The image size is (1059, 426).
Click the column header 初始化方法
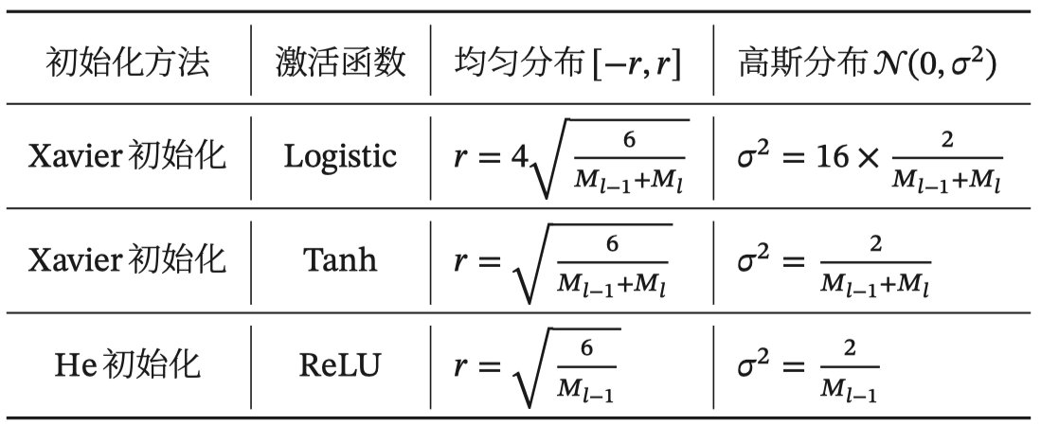coord(129,62)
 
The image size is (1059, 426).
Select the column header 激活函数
coord(341,62)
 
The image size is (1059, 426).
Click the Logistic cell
coord(341,156)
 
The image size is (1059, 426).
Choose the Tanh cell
coord(341,259)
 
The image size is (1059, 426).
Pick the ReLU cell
coord(341,364)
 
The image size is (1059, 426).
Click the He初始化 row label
coord(129,364)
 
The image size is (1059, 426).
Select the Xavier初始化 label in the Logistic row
coord(129,156)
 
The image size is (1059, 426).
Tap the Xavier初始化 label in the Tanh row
coord(129,259)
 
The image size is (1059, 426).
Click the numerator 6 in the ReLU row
coord(586,348)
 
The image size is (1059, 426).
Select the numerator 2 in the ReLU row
coord(849,348)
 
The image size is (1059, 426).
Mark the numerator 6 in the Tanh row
coord(612,244)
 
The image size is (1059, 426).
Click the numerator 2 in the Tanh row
coord(874,244)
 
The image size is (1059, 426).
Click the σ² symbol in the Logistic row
coord(754,154)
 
